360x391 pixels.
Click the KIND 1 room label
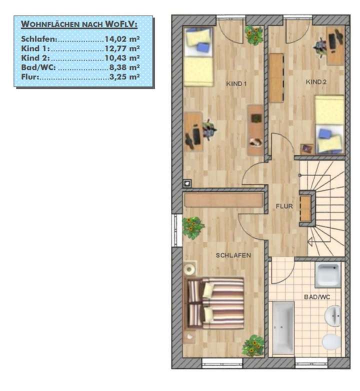coord(237,84)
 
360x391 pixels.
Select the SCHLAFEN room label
coord(233,255)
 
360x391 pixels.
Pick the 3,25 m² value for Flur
coord(124,78)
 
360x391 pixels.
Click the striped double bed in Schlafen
coord(215,303)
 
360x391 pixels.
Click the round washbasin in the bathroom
coord(333,315)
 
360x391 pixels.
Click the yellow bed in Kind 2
coord(329,124)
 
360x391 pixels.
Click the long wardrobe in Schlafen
coord(223,200)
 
